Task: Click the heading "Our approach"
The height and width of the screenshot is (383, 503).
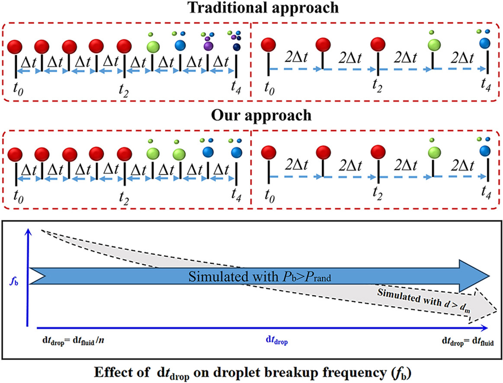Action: (x=251, y=116)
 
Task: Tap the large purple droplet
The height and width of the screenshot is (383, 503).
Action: (x=208, y=45)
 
